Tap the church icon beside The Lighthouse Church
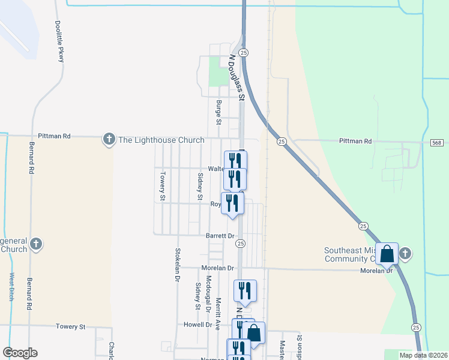pyautogui.click(x=109, y=140)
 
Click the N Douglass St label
pyautogui.click(x=238, y=78)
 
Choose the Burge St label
pyautogui.click(x=219, y=113)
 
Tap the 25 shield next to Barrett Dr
pyautogui.click(x=240, y=243)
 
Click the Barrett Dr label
pyautogui.click(x=220, y=236)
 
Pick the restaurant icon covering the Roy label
pyautogui.click(x=232, y=203)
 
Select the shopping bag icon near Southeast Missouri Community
pyautogui.click(x=387, y=254)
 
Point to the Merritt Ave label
pyautogui.click(x=219, y=311)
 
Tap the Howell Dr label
pyautogui.click(x=199, y=325)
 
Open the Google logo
pyautogui.click(x=20, y=353)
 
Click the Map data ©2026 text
pyautogui.click(x=423, y=355)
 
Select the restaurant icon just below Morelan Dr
pyautogui.click(x=245, y=291)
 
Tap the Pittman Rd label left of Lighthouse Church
pyautogui.click(x=54, y=137)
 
